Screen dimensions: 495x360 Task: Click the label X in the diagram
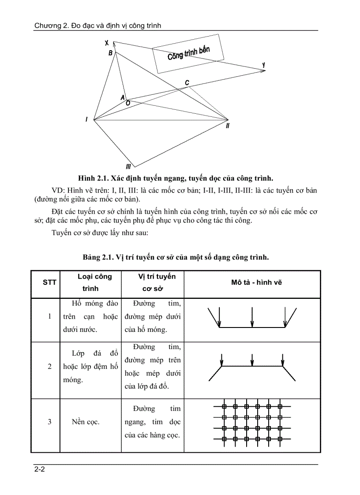click(x=107, y=43)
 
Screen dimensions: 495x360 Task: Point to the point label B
click(x=111, y=53)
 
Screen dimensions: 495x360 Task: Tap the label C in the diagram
click(x=187, y=83)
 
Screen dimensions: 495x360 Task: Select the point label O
click(x=127, y=103)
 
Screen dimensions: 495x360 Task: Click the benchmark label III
click(x=128, y=166)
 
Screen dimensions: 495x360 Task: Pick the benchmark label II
click(x=227, y=126)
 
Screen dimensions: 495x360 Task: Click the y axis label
click(x=263, y=65)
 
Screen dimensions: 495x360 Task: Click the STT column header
click(x=49, y=283)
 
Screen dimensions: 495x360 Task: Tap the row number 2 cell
click(x=49, y=366)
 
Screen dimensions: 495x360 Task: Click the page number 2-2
click(x=40, y=469)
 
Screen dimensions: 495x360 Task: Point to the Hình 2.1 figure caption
click(x=176, y=178)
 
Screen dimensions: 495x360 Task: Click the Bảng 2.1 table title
click(x=176, y=257)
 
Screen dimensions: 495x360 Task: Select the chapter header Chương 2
click(x=98, y=26)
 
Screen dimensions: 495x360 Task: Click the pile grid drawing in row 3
click(x=252, y=422)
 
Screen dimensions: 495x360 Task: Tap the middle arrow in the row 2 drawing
click(x=251, y=359)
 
